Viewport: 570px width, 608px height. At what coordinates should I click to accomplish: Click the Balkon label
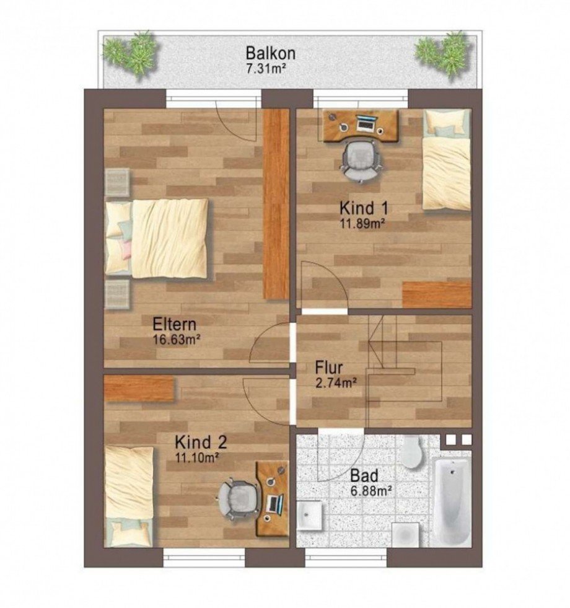(271, 53)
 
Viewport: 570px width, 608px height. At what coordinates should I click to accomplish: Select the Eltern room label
(175, 324)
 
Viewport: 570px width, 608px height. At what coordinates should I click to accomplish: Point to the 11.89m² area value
(362, 224)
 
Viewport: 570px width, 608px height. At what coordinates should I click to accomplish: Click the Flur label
(329, 368)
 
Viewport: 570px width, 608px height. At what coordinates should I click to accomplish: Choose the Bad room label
(364, 475)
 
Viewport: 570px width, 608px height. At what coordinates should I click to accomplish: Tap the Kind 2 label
(201, 442)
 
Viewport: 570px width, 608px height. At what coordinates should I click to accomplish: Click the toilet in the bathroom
(412, 451)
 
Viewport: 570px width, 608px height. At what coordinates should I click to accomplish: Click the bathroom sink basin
(310, 515)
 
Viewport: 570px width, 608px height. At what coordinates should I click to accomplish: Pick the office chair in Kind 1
(360, 161)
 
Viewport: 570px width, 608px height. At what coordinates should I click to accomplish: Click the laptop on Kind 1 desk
(366, 122)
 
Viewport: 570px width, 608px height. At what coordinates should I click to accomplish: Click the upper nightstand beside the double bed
(117, 183)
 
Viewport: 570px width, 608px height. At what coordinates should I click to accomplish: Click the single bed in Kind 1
(446, 159)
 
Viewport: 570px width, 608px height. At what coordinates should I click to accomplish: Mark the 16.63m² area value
(177, 340)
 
